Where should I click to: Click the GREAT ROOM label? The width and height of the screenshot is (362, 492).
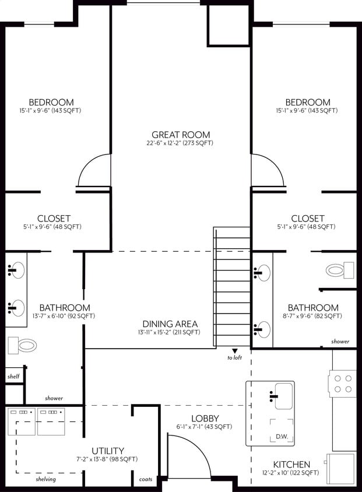tap(181, 134)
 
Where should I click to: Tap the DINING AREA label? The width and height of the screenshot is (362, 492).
tap(170, 324)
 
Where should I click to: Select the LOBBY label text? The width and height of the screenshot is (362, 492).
tap(205, 418)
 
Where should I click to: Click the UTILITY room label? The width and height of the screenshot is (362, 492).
tap(107, 451)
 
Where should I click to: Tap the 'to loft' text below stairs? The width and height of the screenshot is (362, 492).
tap(234, 358)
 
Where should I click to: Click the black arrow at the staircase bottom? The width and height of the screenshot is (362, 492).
tap(234, 350)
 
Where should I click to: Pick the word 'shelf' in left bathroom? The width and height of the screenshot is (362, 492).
tap(13, 377)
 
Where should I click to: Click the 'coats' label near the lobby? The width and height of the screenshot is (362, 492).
tap(145, 480)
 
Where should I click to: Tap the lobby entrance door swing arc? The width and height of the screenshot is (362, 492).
tap(189, 449)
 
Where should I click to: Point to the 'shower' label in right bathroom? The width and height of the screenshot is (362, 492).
tap(340, 342)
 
